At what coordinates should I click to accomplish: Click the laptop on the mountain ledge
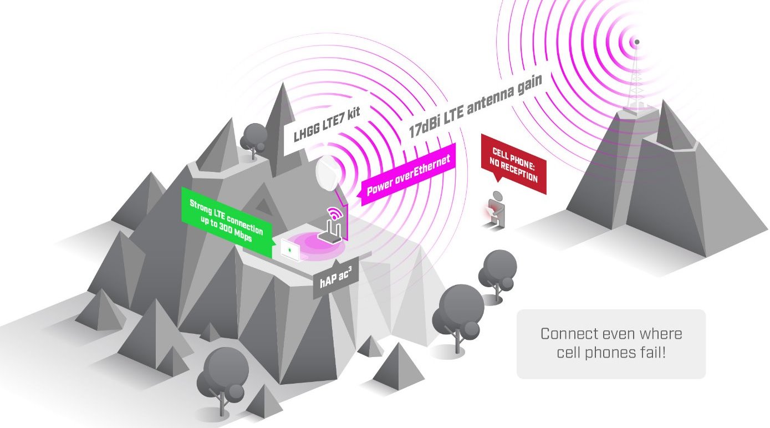click(290, 251)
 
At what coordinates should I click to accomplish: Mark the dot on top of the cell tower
click(637, 42)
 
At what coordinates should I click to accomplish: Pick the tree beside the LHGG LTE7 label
click(254, 136)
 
